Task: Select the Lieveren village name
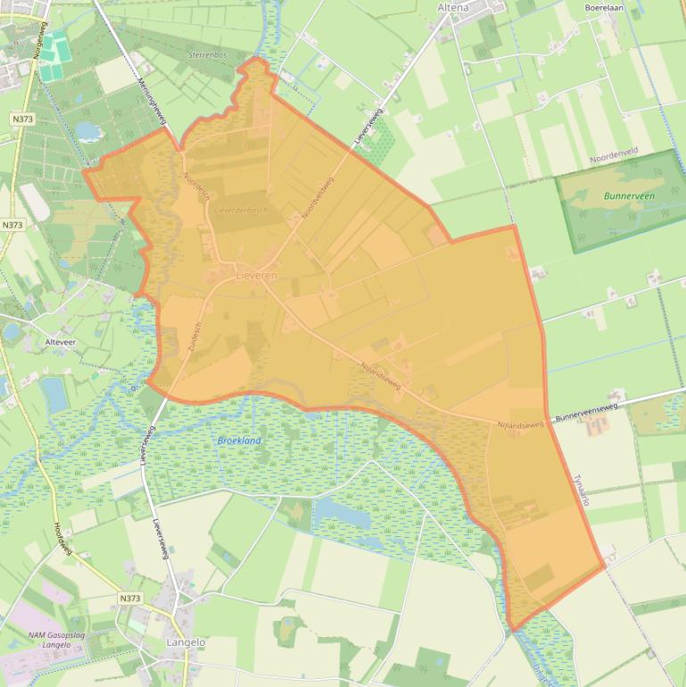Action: (256, 277)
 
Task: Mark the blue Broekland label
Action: (239, 441)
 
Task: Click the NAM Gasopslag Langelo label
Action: (37, 639)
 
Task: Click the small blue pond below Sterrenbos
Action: (87, 131)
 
